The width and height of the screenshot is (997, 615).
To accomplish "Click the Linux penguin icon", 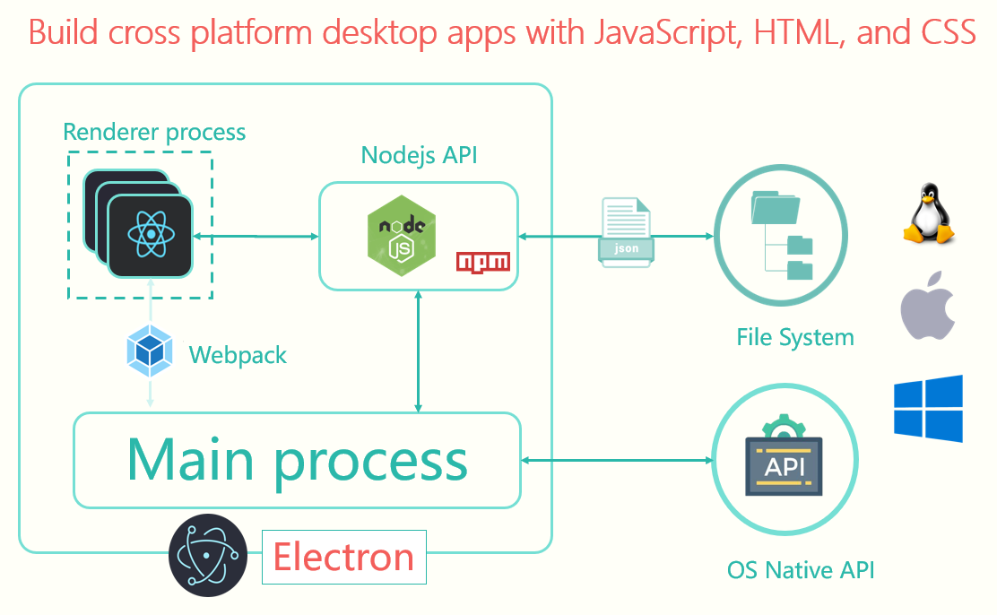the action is coord(929,213).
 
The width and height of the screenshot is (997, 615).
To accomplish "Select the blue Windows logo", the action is coord(928,408).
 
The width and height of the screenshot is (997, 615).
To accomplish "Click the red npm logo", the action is coord(483,263).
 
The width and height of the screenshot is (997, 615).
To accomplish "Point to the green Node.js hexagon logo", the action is coord(402,236).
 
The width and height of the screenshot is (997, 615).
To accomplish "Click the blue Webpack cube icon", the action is coord(150,351).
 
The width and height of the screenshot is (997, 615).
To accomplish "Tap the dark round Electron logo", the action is coord(208,555).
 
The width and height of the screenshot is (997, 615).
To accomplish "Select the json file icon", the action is coord(627,231).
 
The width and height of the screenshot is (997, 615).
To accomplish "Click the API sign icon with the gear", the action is coord(784,456).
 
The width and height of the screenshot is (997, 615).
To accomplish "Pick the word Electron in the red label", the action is coord(344,557).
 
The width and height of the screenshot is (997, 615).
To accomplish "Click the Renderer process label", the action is coord(154,133).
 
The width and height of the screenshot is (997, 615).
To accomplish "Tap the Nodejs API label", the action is coord(419,155).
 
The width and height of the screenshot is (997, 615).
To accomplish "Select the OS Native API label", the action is coord(801,570).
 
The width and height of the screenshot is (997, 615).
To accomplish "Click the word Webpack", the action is coord(238,355).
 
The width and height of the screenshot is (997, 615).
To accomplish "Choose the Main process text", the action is coord(298,461).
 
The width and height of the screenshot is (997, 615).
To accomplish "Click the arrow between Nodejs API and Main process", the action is coord(418,351).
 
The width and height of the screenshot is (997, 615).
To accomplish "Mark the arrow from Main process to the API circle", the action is coord(617,461).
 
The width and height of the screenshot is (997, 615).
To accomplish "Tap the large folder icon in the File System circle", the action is coord(775,207).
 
